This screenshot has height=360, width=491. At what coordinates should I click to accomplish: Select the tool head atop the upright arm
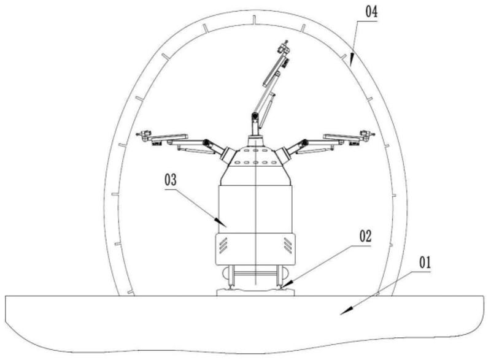pos(284,47)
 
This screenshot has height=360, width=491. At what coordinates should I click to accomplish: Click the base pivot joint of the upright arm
pos(254,118)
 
